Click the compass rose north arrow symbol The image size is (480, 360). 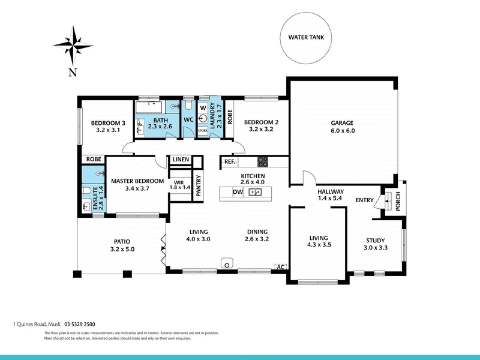[x=73, y=46]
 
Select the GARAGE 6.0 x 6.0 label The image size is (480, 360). [x=343, y=127]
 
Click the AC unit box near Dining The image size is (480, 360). [x=280, y=266]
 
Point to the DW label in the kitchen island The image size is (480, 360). [x=238, y=193]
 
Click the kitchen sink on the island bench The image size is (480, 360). [x=255, y=193]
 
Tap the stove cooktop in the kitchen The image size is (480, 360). [x=263, y=161]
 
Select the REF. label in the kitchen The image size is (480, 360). [x=229, y=161]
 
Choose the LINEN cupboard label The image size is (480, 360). [x=180, y=160]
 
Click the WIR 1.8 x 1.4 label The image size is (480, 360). [x=179, y=184]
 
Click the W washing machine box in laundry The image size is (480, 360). [x=203, y=107]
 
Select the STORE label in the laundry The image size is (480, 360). [x=203, y=130]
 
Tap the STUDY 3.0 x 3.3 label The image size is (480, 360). [x=377, y=244]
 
